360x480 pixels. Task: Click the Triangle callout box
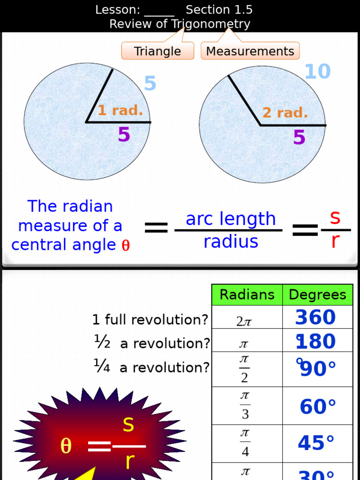157,51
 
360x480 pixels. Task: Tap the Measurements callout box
250,51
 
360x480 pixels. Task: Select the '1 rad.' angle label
120,111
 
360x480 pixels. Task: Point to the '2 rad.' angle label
285,112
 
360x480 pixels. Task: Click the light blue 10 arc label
317,72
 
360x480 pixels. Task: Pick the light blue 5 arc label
150,84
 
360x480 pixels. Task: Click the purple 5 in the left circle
124,135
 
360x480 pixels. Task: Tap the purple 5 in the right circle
299,138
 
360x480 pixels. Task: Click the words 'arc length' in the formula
231,219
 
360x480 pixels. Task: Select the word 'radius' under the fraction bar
231,242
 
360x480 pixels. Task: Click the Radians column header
247,295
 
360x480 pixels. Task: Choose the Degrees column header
317,295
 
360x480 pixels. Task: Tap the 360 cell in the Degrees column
315,317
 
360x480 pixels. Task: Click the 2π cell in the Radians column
244,321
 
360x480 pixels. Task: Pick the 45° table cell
316,443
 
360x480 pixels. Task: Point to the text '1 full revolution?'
150,320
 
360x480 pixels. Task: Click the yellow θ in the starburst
66,446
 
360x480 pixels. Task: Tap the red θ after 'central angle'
126,246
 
